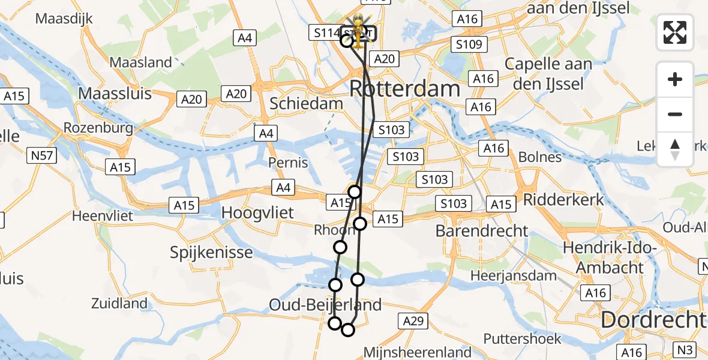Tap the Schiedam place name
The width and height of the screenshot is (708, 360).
point(306,103)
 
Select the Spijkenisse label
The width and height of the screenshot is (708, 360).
point(211,252)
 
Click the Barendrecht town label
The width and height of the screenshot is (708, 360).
point(482,230)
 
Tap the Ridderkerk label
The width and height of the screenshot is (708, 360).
point(564,199)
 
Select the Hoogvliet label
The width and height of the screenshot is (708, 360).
point(258,212)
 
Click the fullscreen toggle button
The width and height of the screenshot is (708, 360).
point(675,32)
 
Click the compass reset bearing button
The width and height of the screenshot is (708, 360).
point(675,149)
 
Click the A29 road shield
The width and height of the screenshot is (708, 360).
point(413,322)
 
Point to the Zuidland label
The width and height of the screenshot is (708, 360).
point(119,304)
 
